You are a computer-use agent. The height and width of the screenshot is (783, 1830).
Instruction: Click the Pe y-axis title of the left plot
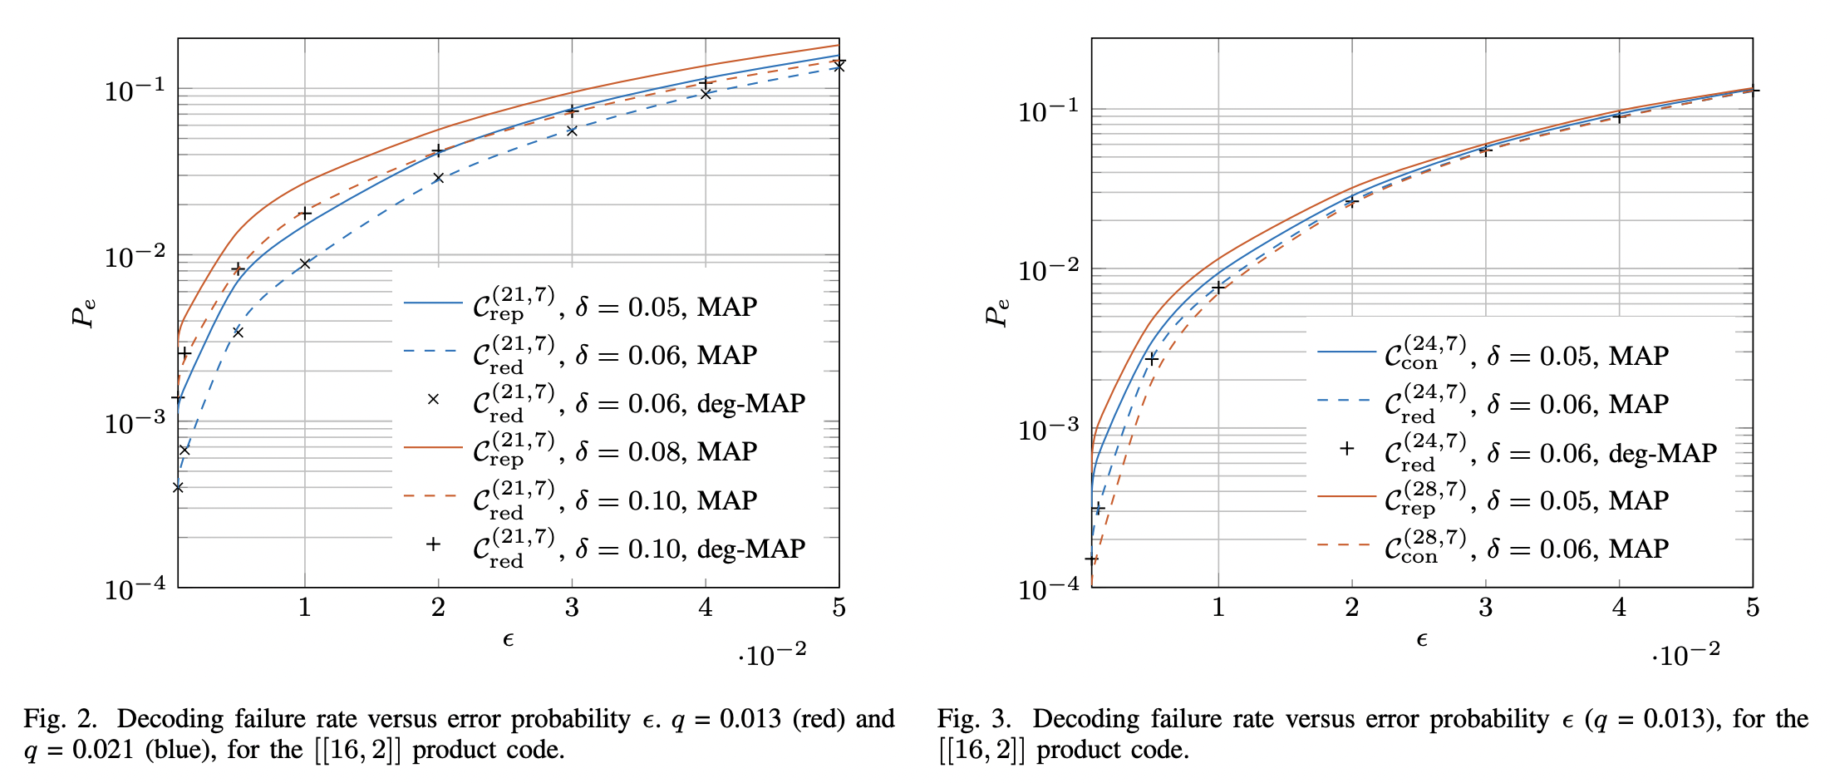(x=83, y=313)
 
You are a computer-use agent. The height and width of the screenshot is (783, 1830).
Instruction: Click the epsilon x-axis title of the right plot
(x=1421, y=639)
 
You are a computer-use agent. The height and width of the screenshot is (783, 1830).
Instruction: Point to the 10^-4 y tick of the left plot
(x=135, y=588)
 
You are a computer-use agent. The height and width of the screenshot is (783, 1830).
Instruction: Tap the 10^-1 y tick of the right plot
(x=1049, y=111)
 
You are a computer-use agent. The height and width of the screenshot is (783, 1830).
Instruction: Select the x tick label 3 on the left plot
(x=572, y=608)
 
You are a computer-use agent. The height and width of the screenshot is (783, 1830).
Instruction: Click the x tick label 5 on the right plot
(x=1753, y=608)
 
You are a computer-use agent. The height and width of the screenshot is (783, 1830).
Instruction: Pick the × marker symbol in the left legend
(x=433, y=399)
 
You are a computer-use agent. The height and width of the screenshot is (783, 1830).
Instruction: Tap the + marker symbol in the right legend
(x=1347, y=449)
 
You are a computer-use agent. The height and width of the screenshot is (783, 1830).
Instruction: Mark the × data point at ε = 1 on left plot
(x=305, y=263)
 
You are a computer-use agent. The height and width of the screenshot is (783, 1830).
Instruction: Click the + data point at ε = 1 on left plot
(x=305, y=214)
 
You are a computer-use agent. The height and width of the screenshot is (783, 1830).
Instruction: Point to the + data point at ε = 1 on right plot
(x=1218, y=288)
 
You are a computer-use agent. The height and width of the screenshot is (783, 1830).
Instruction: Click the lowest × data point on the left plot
(x=178, y=487)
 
